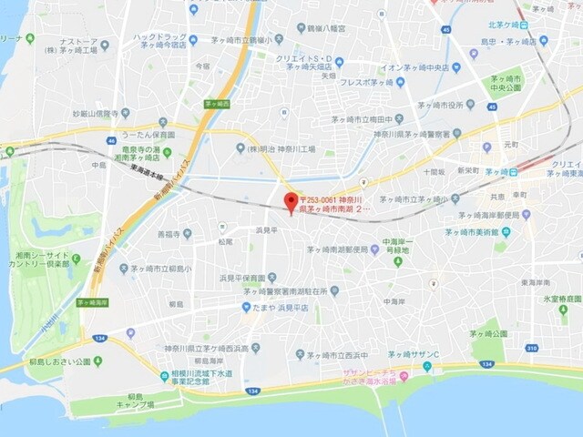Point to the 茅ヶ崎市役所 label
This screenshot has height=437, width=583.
pos(446,104)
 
